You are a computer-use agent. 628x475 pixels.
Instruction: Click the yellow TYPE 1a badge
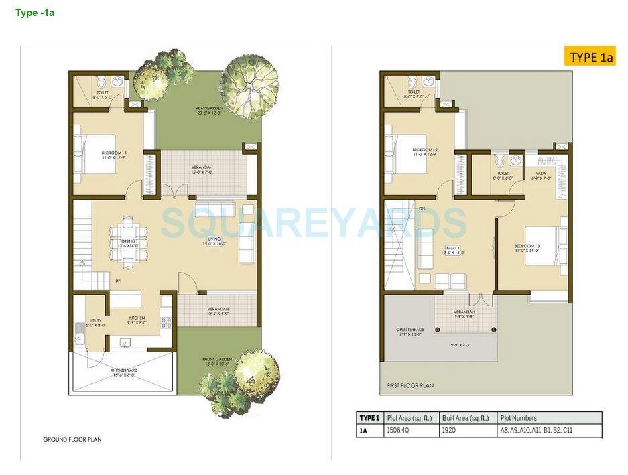click(x=590, y=57)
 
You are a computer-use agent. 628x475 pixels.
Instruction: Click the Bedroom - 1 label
click(x=114, y=155)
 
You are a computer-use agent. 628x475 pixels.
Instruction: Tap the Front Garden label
click(x=217, y=362)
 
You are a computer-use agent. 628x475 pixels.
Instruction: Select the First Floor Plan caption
click(x=410, y=385)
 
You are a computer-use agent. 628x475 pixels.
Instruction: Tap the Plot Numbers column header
click(x=518, y=418)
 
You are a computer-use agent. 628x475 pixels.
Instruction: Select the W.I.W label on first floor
click(x=542, y=176)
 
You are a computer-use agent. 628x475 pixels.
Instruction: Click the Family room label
click(x=453, y=250)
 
